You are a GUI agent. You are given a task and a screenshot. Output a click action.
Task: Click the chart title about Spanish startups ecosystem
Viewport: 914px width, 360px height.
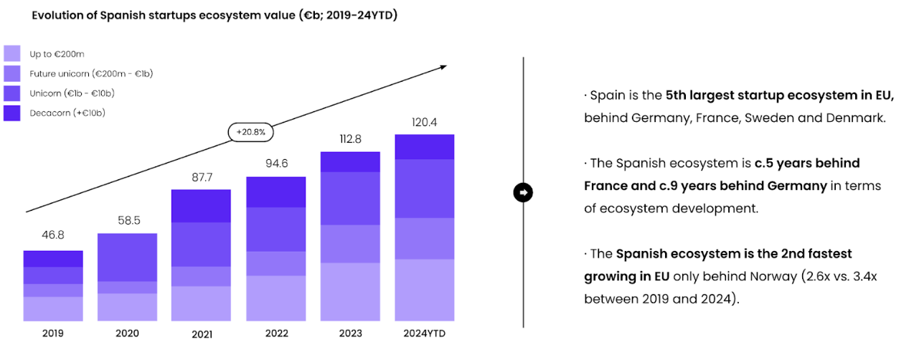[215, 15]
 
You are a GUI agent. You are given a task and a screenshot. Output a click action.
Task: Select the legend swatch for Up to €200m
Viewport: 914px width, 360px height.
[12, 54]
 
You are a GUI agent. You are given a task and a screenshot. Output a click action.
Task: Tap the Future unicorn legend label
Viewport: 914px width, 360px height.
[91, 73]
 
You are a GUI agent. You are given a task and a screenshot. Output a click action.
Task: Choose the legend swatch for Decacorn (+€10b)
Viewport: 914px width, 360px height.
[12, 113]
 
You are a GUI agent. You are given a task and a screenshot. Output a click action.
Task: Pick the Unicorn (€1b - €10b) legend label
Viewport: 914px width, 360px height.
[72, 93]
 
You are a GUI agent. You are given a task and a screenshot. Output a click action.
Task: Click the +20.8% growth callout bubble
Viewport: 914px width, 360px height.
[250, 132]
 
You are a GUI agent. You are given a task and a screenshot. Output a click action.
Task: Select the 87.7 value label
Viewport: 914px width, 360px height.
[201, 176]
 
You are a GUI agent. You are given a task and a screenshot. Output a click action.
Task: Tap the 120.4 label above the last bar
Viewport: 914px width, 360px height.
[424, 122]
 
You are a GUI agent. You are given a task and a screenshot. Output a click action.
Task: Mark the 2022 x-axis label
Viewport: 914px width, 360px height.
[275, 333]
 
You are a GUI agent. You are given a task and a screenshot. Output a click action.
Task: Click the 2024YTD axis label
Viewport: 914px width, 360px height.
[424, 333]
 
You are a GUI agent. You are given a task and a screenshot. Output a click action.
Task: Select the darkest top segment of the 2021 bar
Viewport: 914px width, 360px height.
[201, 207]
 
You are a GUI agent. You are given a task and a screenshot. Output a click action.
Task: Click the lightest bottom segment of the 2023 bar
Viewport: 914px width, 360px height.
[350, 292]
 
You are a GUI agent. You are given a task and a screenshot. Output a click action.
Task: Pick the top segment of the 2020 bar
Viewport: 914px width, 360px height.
[127, 257]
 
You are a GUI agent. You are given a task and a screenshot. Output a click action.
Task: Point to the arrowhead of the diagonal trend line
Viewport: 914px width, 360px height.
[443, 67]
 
